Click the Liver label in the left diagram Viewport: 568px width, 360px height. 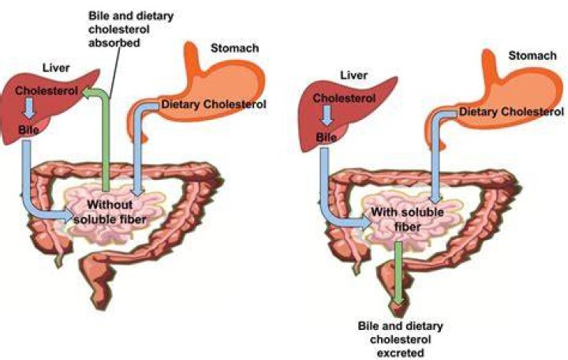[x=56, y=68]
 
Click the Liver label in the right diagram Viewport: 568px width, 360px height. [x=353, y=76]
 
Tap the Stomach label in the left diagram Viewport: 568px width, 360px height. [x=235, y=48]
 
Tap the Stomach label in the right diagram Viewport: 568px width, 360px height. [x=532, y=56]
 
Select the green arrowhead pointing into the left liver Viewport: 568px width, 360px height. [x=88, y=92]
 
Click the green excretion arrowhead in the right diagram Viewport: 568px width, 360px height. [x=398, y=300]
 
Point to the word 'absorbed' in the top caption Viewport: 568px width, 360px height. [x=114, y=43]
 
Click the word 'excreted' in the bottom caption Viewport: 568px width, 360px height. [x=400, y=353]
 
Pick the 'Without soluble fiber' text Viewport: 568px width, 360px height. [x=110, y=212]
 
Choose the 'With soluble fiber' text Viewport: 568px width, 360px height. [x=408, y=219]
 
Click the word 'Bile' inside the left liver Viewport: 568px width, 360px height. [x=28, y=129]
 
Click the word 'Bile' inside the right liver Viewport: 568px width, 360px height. [x=327, y=137]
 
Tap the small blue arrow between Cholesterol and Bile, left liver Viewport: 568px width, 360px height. [x=29, y=108]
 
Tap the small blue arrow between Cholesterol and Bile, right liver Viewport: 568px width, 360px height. [x=327, y=115]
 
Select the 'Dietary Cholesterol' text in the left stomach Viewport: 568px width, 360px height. [x=214, y=104]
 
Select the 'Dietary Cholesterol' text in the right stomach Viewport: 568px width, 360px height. [x=511, y=111]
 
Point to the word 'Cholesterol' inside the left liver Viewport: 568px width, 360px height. [x=47, y=91]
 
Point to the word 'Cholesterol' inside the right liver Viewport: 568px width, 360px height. [x=344, y=98]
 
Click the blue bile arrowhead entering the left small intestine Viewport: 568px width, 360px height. [x=68, y=217]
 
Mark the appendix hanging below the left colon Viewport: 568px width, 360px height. [x=59, y=260]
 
